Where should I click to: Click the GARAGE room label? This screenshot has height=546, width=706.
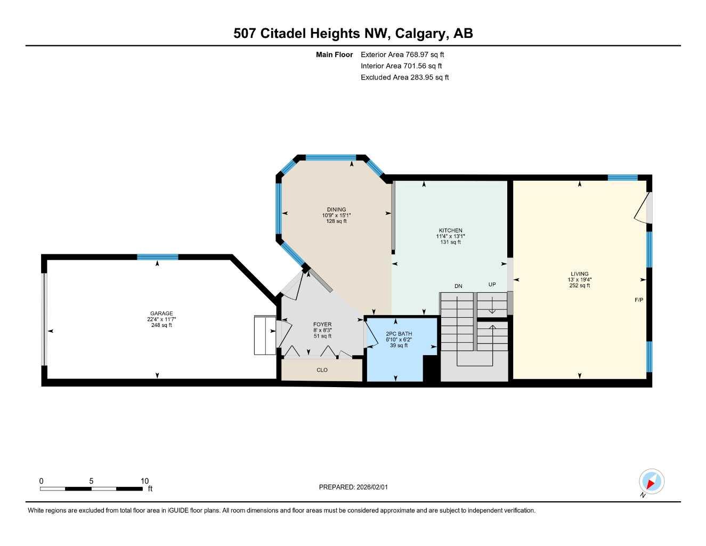(x=161, y=314)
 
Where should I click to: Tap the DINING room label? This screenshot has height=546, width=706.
(x=336, y=210)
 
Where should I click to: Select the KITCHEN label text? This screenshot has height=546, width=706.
(x=450, y=230)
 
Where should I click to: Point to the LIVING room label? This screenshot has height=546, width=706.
(x=579, y=274)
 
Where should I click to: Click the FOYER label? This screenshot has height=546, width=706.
(x=322, y=324)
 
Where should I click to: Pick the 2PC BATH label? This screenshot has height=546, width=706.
(x=399, y=334)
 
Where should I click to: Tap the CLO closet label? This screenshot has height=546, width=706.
(x=322, y=370)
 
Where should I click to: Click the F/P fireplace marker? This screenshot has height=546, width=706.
(x=638, y=300)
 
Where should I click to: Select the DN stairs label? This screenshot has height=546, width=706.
(x=458, y=286)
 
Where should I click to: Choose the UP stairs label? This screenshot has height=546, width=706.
(x=492, y=285)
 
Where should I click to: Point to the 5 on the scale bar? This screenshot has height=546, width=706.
(x=91, y=481)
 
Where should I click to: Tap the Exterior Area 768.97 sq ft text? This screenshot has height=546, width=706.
(x=402, y=54)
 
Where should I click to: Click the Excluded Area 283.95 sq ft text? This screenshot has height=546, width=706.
(x=404, y=77)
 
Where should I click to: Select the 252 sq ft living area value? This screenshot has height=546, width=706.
(x=579, y=286)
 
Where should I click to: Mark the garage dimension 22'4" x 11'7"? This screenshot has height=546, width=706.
(x=161, y=319)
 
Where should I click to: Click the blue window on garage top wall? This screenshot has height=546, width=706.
(x=157, y=257)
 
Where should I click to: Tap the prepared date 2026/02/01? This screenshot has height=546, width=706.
(x=357, y=487)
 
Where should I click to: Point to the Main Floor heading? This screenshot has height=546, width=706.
(x=334, y=54)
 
